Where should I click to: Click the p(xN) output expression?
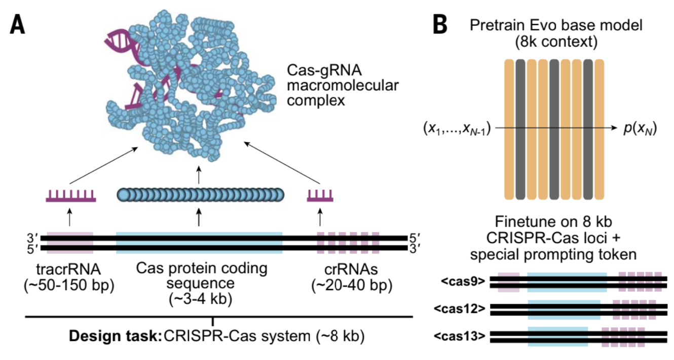point(640,128)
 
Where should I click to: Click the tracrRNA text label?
point(68,269)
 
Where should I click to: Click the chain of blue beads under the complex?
point(200,195)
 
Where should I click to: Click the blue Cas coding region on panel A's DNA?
point(199,242)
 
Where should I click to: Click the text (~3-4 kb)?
point(199,299)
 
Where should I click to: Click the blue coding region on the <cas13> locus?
point(557,336)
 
